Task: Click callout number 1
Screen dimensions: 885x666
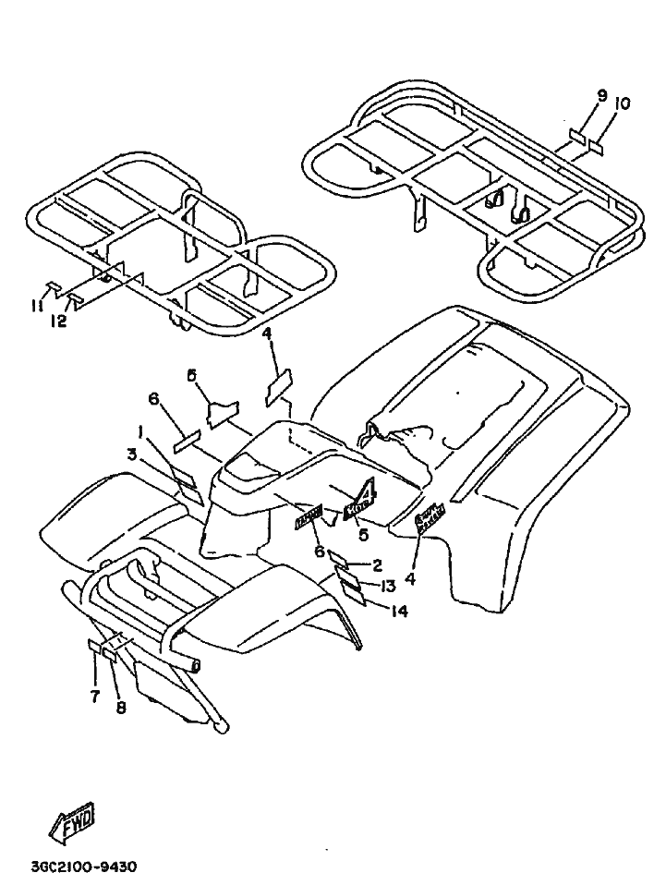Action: [140, 431]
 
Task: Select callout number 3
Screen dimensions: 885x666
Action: [132, 454]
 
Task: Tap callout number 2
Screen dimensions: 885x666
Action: [377, 564]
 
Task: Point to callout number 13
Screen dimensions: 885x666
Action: [387, 586]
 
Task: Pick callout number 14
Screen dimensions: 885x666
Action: [399, 610]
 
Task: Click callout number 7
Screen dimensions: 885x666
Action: [95, 697]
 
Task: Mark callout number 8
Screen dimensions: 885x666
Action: [120, 709]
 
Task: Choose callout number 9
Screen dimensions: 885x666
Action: [601, 96]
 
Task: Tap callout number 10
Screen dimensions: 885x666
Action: [622, 104]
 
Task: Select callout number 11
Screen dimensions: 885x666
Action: [36, 306]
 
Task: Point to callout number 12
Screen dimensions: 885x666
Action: [58, 321]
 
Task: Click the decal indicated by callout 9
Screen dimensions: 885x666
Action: [577, 136]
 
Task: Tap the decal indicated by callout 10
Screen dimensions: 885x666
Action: [594, 146]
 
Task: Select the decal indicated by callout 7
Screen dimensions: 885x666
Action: [96, 646]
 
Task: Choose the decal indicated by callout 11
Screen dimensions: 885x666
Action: [54, 285]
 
